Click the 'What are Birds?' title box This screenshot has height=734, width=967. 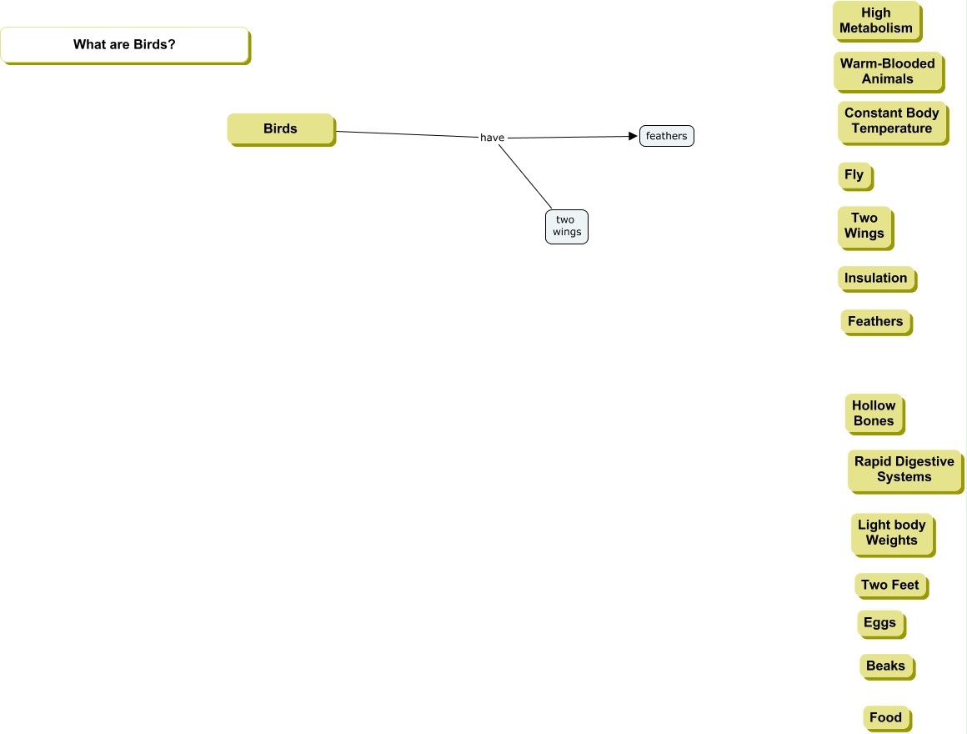tap(124, 45)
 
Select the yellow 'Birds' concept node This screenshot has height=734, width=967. tap(281, 129)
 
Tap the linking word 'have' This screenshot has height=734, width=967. tap(492, 138)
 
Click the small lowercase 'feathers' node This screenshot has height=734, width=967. tap(666, 136)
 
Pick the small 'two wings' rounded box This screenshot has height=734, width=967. tap(567, 226)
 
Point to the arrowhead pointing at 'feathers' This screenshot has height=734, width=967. tap(633, 136)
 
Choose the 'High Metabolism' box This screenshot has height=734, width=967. tap(876, 21)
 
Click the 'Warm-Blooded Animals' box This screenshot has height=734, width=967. tap(888, 71)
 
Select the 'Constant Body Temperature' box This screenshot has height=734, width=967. tap(892, 121)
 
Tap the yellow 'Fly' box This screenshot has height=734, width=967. tap(854, 175)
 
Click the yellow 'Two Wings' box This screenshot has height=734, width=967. tap(864, 226)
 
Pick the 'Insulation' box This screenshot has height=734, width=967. tap(876, 279)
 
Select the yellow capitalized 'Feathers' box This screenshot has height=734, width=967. tap(875, 322)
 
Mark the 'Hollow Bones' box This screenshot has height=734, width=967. tap(874, 414)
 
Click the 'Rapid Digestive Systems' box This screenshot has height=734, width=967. tap(904, 470)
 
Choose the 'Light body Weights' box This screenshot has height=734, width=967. tap(892, 533)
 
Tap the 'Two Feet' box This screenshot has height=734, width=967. tap(890, 586)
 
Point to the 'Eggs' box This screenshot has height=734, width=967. tap(880, 623)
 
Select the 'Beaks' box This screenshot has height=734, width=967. tap(886, 666)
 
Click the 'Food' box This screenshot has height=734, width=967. tap(886, 718)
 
